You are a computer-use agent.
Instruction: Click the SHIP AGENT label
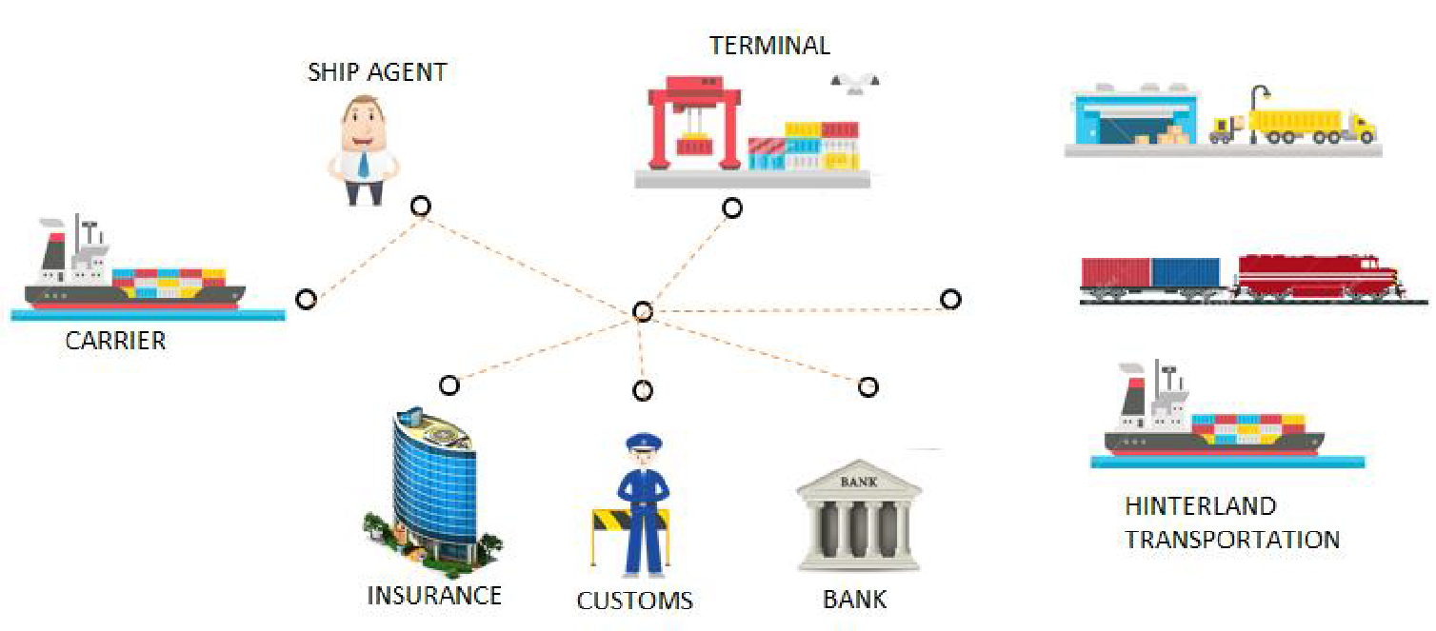point(377,72)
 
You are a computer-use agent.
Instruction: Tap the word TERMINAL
point(769,45)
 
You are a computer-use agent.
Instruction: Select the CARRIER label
point(115,341)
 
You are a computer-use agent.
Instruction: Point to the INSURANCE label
point(434,596)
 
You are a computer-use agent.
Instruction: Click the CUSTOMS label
point(635,601)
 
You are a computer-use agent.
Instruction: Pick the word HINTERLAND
point(1200,506)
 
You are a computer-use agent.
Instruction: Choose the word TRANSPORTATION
point(1232,540)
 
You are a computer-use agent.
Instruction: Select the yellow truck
point(1300,125)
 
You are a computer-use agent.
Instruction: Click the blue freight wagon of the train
point(1186,273)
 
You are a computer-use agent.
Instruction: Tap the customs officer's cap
point(643,443)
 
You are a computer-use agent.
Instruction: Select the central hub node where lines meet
point(643,311)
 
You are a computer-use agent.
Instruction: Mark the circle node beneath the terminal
point(731,207)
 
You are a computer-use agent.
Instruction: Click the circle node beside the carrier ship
point(306,299)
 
